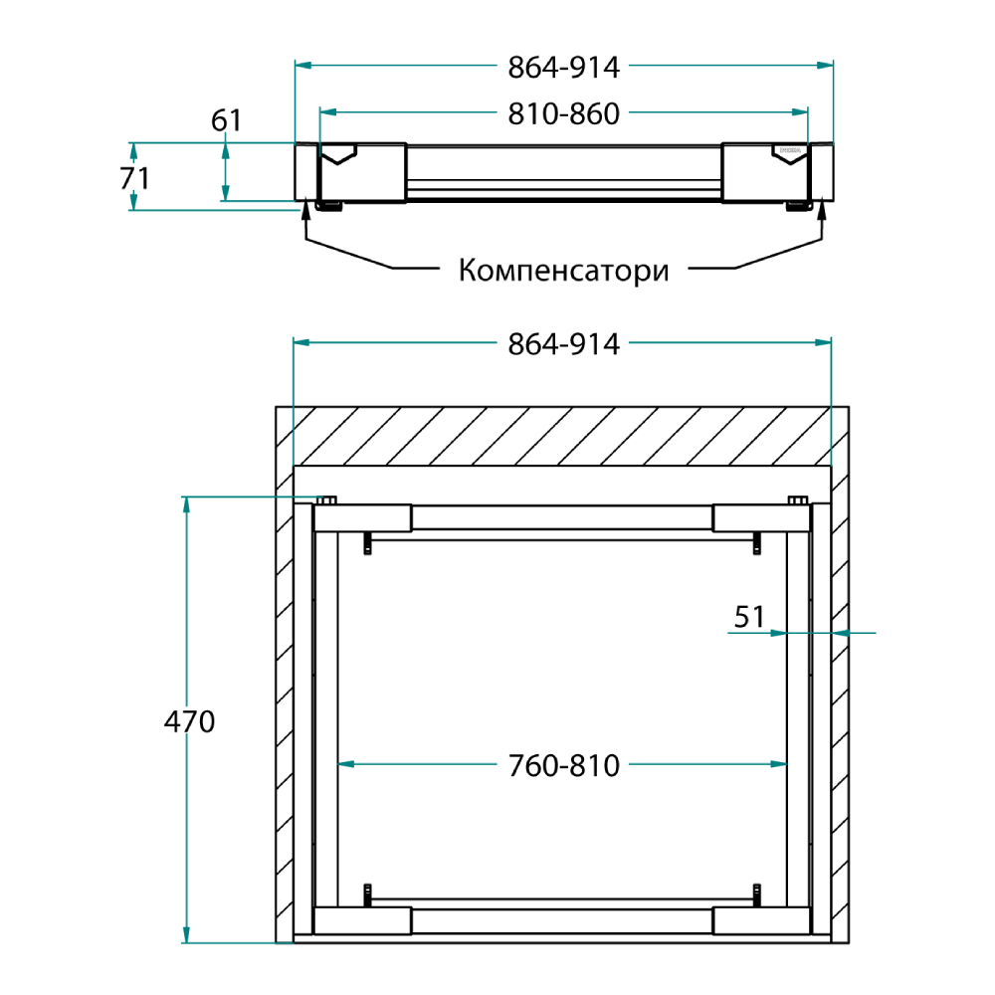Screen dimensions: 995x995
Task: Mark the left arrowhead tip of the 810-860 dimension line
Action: pos(319,112)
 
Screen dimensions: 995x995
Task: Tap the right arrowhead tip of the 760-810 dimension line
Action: pos(787,763)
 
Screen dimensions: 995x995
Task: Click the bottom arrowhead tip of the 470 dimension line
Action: pos(186,943)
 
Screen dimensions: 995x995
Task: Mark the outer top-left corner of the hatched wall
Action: pos(276,407)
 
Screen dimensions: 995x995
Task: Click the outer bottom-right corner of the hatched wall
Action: pos(849,943)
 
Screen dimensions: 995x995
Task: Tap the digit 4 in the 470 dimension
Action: pos(172,722)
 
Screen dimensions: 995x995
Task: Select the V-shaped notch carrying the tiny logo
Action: pos(789,153)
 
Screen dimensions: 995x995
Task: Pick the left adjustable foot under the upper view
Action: pos(329,206)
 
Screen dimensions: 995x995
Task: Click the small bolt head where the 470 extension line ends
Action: pos(326,500)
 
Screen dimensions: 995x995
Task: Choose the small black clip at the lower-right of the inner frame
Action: pos(756,895)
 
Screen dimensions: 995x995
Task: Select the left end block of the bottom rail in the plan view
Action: pos(362,920)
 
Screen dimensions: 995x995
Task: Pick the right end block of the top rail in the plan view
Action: pos(761,517)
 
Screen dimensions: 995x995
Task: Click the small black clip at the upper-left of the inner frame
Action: pos(367,543)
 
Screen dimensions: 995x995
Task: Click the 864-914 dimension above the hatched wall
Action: pos(563,344)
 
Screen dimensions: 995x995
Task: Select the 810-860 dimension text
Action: pos(563,114)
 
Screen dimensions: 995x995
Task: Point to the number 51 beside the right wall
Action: pos(749,617)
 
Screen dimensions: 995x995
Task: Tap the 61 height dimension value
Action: pos(227,120)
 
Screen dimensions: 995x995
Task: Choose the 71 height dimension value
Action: pos(134,178)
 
